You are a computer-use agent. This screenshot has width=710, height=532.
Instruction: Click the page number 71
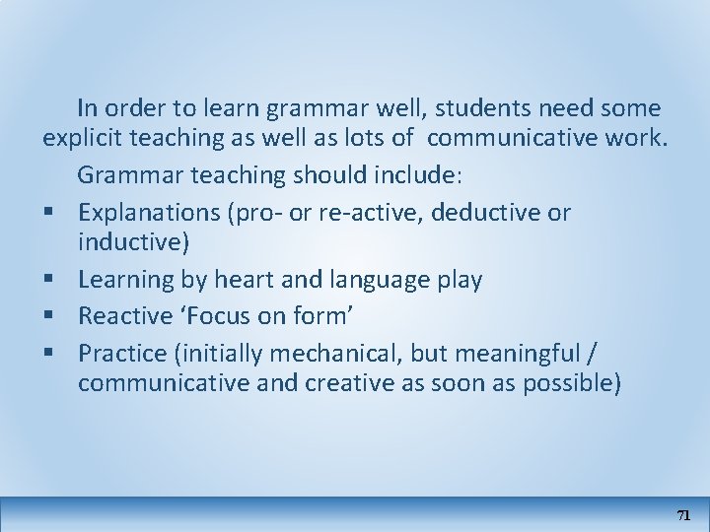[684, 515]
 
